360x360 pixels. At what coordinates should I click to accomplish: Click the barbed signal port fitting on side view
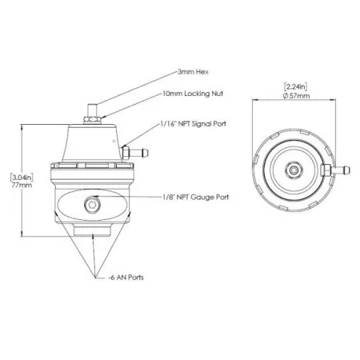click(130, 150)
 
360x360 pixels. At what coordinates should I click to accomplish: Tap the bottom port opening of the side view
click(94, 234)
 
